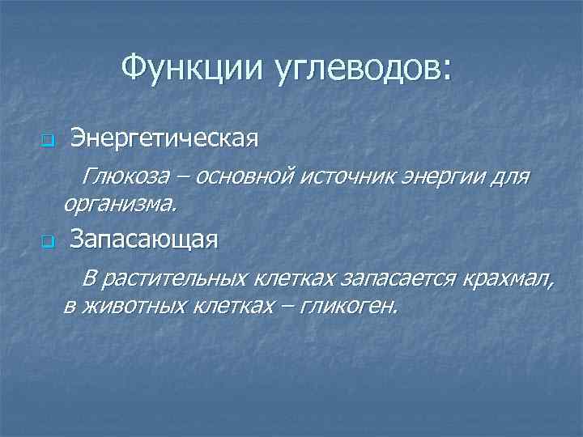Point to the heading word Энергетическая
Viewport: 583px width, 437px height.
tap(164, 138)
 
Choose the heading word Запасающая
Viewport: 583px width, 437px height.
tap(144, 240)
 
